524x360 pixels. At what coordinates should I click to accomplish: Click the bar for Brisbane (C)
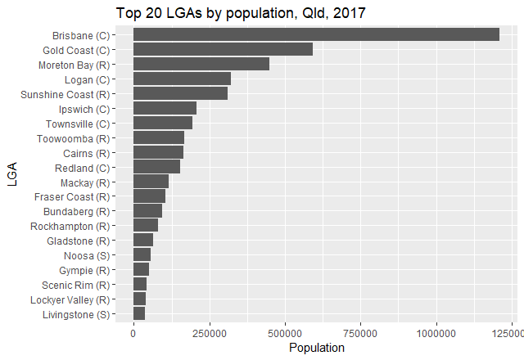click(x=316, y=34)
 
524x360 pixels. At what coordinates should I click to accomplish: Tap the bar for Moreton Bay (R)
click(x=201, y=64)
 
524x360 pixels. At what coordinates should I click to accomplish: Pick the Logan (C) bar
click(x=182, y=79)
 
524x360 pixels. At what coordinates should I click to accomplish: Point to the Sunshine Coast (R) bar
click(x=180, y=93)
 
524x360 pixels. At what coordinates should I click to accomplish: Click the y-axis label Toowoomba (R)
click(x=73, y=138)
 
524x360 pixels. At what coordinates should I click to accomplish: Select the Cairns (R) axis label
click(x=86, y=153)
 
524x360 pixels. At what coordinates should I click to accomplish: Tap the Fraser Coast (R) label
click(x=71, y=197)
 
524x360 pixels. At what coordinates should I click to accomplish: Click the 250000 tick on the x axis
click(x=210, y=333)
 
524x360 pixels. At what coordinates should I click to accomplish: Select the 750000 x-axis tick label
click(x=361, y=333)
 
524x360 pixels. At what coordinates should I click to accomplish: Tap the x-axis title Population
click(x=317, y=348)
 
